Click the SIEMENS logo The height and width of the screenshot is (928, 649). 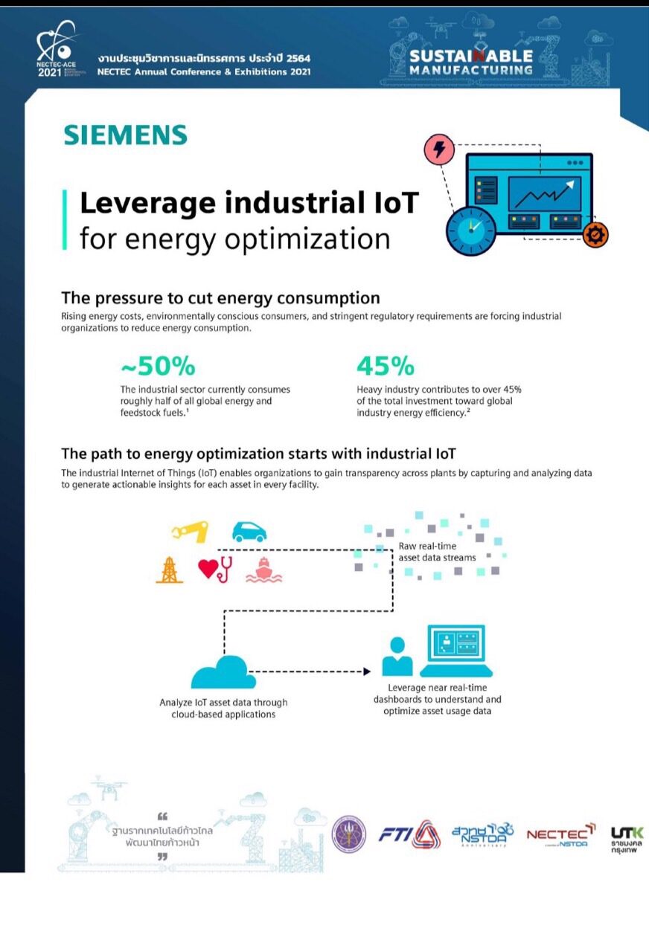click(x=125, y=135)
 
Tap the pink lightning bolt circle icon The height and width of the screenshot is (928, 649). click(x=439, y=148)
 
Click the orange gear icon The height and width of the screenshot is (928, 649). click(x=595, y=234)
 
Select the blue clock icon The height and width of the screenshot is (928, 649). click(x=470, y=231)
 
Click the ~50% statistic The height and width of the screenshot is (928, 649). click(x=158, y=366)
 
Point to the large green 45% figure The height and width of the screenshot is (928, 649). click(x=386, y=366)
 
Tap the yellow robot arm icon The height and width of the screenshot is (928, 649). click(x=191, y=531)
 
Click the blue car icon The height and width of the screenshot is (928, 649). click(x=249, y=532)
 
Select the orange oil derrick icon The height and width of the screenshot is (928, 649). click(x=169, y=570)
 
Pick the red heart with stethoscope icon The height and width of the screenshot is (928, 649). click(x=215, y=570)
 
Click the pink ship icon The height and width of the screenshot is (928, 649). click(x=263, y=570)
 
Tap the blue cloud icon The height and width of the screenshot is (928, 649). click(x=223, y=672)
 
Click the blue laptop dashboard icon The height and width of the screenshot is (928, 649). click(x=456, y=651)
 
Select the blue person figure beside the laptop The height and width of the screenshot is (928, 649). click(x=397, y=657)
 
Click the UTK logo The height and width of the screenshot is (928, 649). click(x=627, y=840)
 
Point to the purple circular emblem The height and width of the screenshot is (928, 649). click(x=349, y=834)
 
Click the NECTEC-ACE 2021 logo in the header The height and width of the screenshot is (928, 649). click(x=57, y=50)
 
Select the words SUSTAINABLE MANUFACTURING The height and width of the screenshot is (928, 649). click(x=470, y=62)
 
